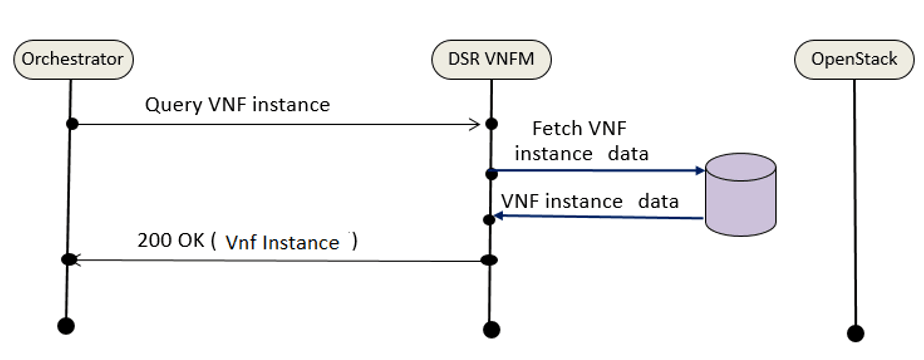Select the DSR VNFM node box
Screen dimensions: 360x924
[x=491, y=59]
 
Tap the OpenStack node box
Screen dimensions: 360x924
[x=853, y=59]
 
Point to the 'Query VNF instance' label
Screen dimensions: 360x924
[x=237, y=104]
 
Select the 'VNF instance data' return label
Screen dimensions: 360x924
[x=590, y=201]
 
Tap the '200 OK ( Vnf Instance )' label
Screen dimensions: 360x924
[x=249, y=242]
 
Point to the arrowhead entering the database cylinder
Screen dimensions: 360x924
[x=698, y=171]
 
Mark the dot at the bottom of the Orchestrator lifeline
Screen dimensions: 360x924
[x=66, y=325]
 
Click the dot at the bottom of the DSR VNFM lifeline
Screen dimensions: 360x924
[x=490, y=329]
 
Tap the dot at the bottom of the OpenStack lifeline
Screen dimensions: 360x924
[x=854, y=333]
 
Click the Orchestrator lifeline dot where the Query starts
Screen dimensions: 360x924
[x=71, y=124]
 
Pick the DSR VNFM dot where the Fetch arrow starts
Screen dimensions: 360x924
[x=490, y=173]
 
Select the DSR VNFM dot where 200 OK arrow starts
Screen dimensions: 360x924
[x=490, y=260]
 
